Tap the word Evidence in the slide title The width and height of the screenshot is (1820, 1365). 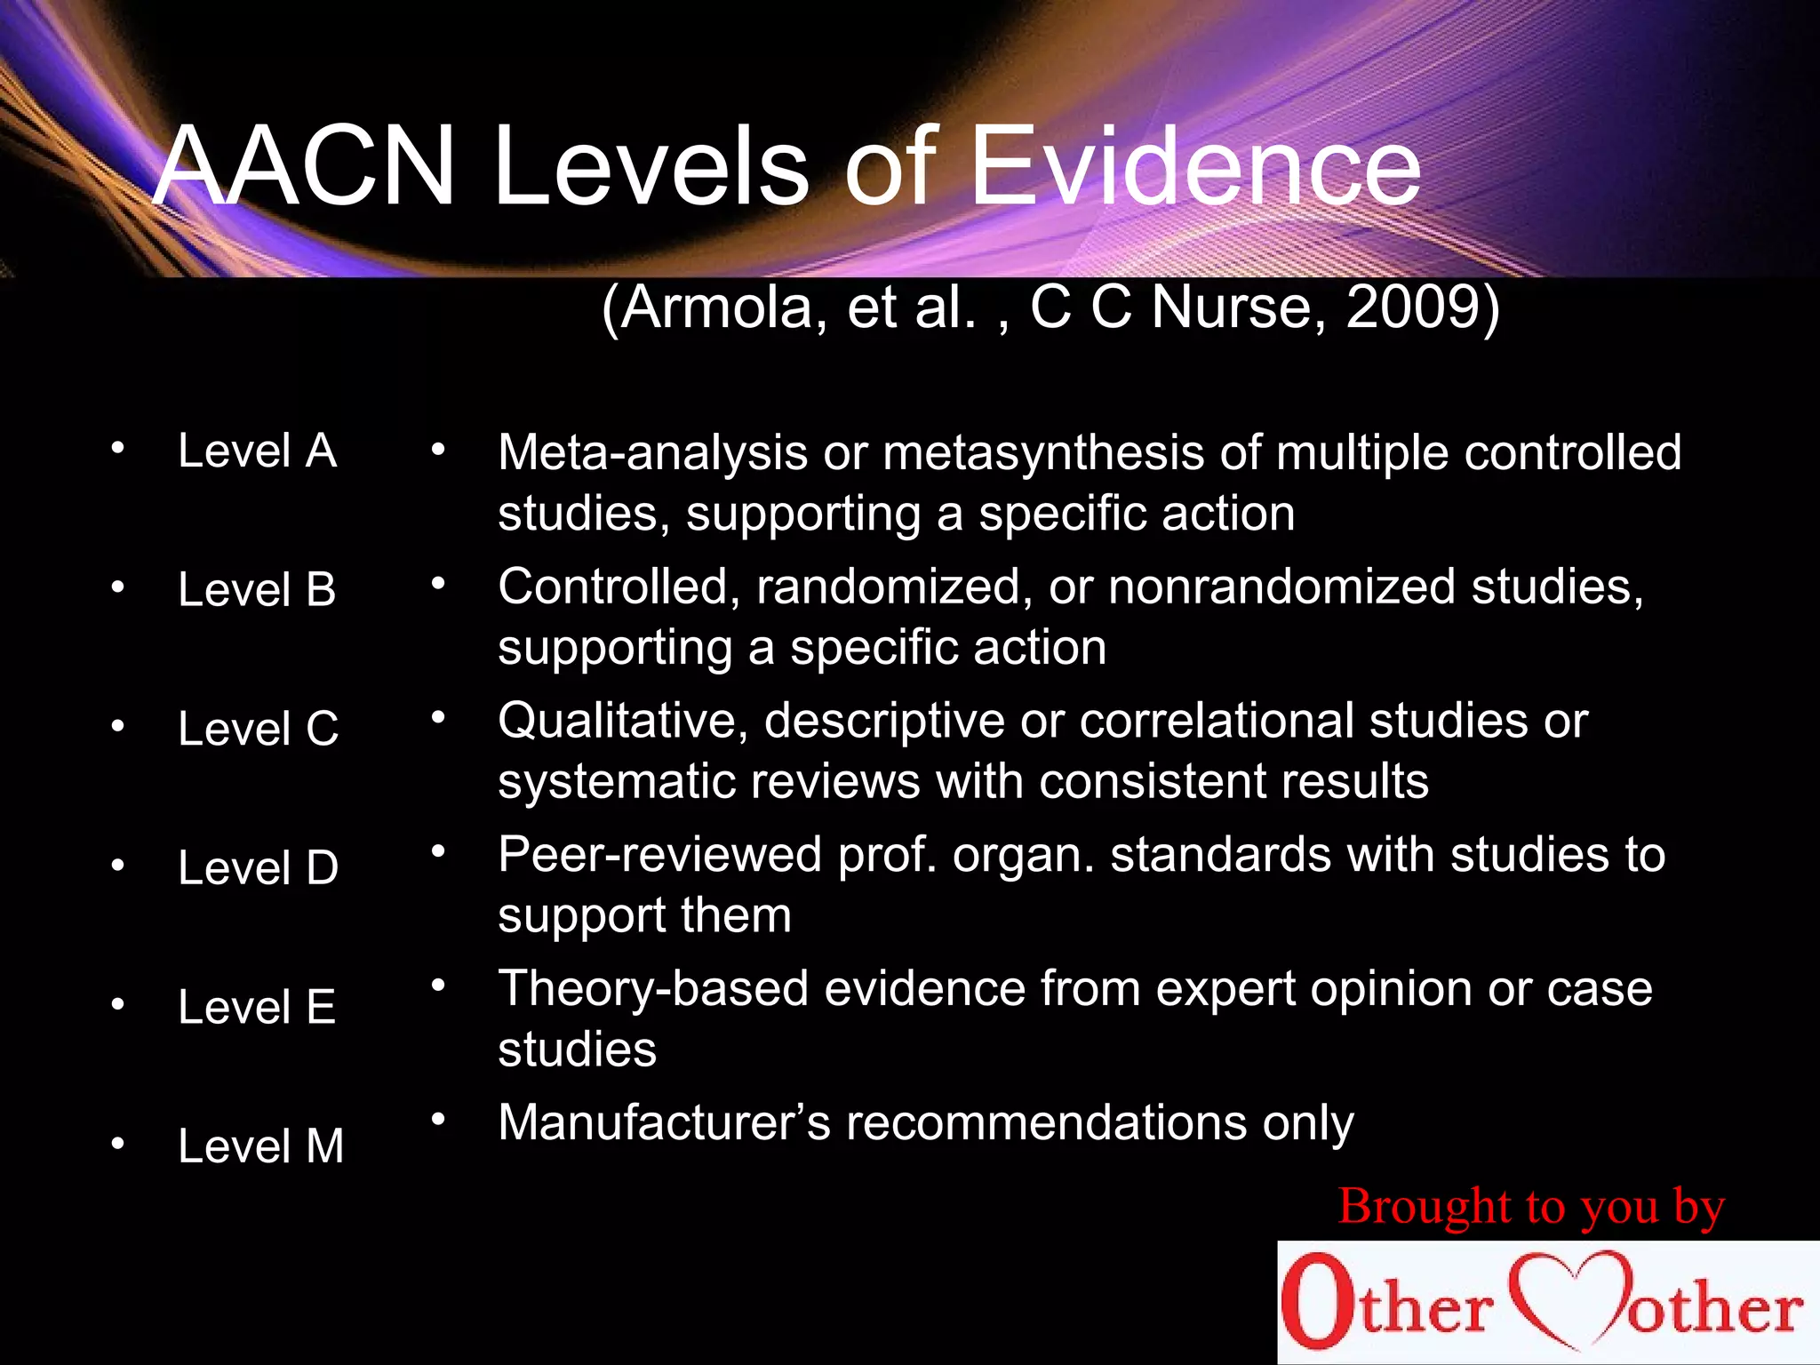coord(1195,166)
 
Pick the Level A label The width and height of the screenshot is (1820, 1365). coord(257,451)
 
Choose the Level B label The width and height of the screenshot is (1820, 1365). coord(257,589)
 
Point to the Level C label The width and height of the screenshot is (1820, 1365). coord(258,729)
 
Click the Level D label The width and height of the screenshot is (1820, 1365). coord(258,867)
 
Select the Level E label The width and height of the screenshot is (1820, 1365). coord(257,1007)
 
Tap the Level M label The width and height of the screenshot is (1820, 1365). coord(260,1145)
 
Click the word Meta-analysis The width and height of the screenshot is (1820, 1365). coord(653,452)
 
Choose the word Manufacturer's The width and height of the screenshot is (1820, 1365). coord(664,1122)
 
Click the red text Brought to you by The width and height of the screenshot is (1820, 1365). coord(1531,1207)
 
